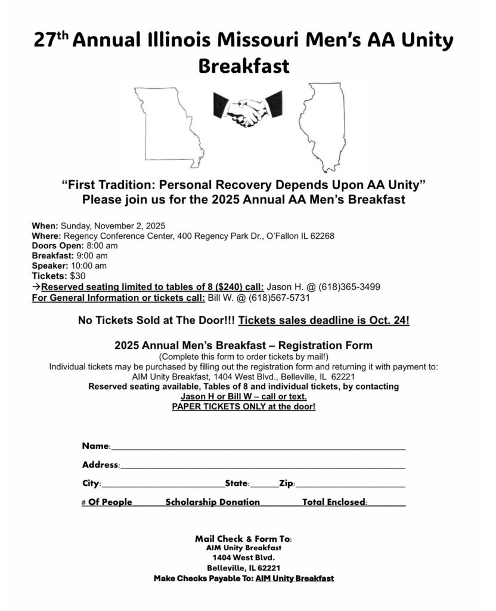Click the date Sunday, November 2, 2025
pos(113,226)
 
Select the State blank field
pos(260,485)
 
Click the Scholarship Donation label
pos(212,502)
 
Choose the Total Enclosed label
pos(334,502)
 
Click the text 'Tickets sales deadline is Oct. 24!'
pos(324,320)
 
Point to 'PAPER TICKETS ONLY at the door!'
pos(243,406)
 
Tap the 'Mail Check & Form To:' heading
pos(243,539)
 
